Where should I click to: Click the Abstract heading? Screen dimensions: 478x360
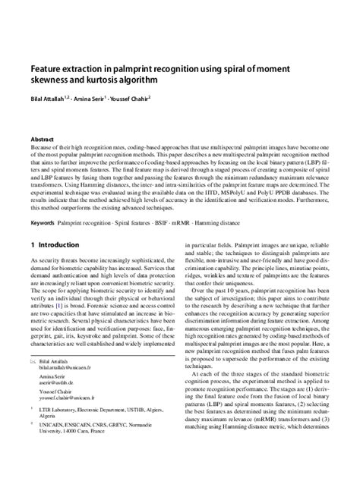[42, 140]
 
